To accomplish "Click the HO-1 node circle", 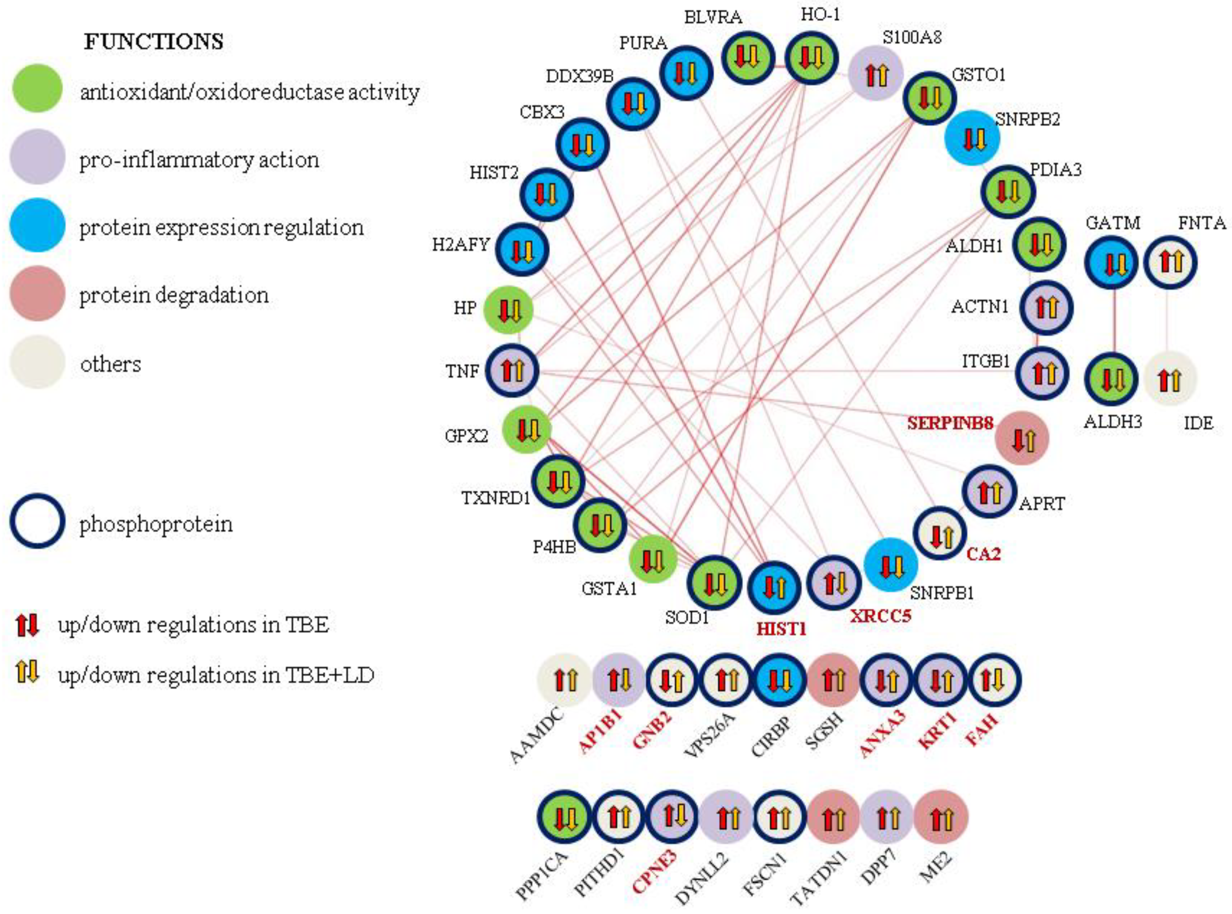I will tap(811, 58).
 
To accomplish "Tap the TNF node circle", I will tap(513, 371).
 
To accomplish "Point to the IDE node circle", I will tap(1170, 379).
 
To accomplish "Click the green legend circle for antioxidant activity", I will tap(37, 89).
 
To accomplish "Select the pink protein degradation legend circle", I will tap(37, 293).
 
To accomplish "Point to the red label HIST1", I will tap(781, 629).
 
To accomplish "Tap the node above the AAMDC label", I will tap(564, 680).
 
